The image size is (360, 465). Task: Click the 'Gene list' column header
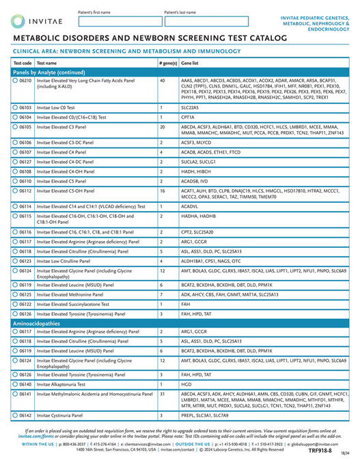tap(190, 63)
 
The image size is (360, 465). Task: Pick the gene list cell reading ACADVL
tap(189, 206)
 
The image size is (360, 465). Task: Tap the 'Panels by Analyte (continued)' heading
tap(48, 72)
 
